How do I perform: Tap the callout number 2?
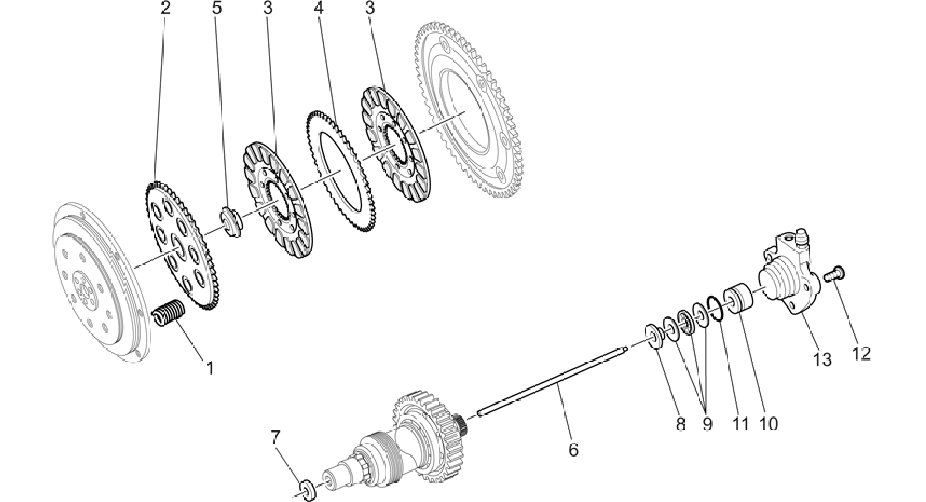[166, 9]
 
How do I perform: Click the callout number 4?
[319, 9]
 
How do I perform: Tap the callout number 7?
[276, 438]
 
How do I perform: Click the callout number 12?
[861, 353]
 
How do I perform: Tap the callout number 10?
[767, 424]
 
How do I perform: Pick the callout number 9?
[707, 424]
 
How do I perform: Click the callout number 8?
[680, 424]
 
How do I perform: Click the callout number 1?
[210, 368]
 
